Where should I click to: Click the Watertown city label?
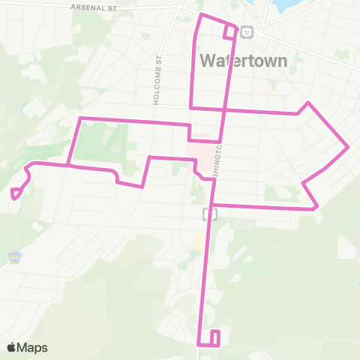click(244, 60)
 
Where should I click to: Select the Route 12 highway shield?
click(247, 31)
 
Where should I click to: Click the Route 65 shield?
click(15, 256)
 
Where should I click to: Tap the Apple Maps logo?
click(27, 347)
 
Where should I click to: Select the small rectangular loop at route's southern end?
click(215, 337)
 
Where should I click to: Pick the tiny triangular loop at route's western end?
click(15, 193)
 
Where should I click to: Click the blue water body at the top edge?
click(285, 6)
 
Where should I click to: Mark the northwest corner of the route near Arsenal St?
click(199, 15)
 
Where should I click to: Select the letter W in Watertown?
click(211, 60)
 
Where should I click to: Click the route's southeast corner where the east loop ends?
click(319, 208)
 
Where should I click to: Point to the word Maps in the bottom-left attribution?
click(33, 347)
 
